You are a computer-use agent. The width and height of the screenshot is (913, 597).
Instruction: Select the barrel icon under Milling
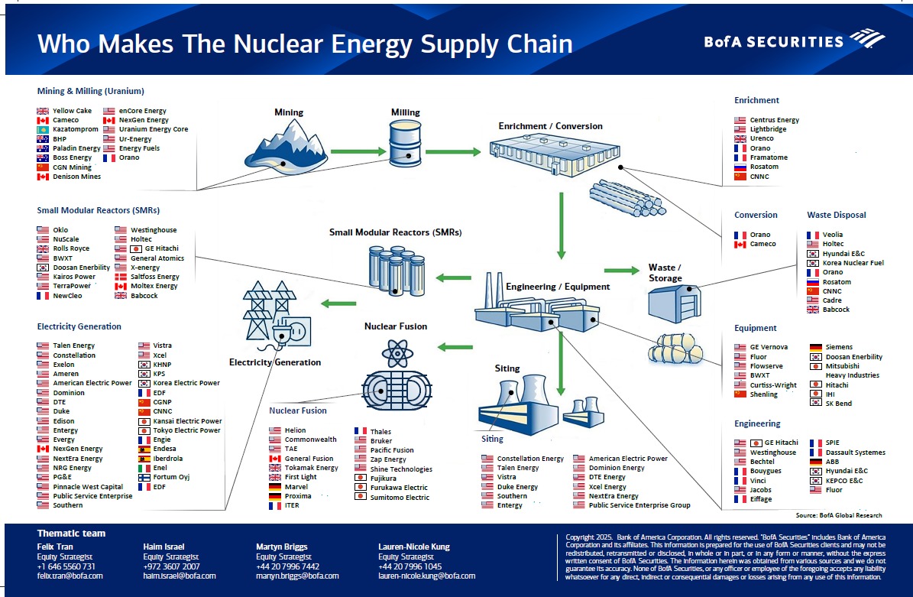pyautogui.click(x=406, y=145)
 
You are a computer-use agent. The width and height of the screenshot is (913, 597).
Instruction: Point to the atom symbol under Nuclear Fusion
pyautogui.click(x=397, y=352)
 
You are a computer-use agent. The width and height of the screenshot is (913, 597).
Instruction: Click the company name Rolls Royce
pyautogui.click(x=71, y=248)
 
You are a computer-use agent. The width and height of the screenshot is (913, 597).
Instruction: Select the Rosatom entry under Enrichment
pyautogui.click(x=764, y=167)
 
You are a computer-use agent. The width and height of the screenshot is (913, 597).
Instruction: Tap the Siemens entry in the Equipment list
pyautogui.click(x=838, y=347)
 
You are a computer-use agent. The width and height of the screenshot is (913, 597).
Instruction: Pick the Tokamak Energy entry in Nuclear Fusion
pyautogui.click(x=311, y=468)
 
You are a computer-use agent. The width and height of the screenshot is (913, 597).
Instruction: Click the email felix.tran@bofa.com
pyautogui.click(x=70, y=576)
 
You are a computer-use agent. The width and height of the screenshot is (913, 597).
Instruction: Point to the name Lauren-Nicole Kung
pyautogui.click(x=414, y=547)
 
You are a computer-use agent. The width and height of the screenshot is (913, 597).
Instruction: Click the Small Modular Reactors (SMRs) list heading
pyautogui.click(x=99, y=210)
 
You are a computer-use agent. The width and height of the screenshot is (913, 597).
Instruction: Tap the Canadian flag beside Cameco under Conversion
pyautogui.click(x=740, y=245)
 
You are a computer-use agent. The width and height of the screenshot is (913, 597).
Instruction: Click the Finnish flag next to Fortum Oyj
pyautogui.click(x=144, y=478)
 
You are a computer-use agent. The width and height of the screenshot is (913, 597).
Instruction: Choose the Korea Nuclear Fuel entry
pyautogui.click(x=853, y=263)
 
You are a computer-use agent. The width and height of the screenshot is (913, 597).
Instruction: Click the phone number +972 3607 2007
pyautogui.click(x=172, y=566)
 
